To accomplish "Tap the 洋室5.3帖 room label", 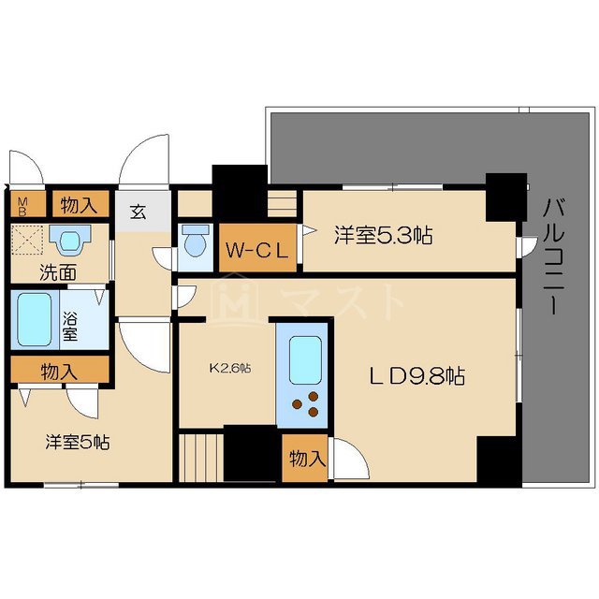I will pos(383,236).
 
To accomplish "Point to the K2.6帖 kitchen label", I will pos(229,368).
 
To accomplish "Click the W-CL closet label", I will pos(257,250).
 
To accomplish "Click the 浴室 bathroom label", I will pos(70,320).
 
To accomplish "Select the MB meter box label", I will pos(22,204).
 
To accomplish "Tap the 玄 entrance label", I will pos(138,212).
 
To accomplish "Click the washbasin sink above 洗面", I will pos(67,242).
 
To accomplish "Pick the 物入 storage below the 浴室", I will pos(59,372).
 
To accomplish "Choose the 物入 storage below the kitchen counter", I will pos(307,460).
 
